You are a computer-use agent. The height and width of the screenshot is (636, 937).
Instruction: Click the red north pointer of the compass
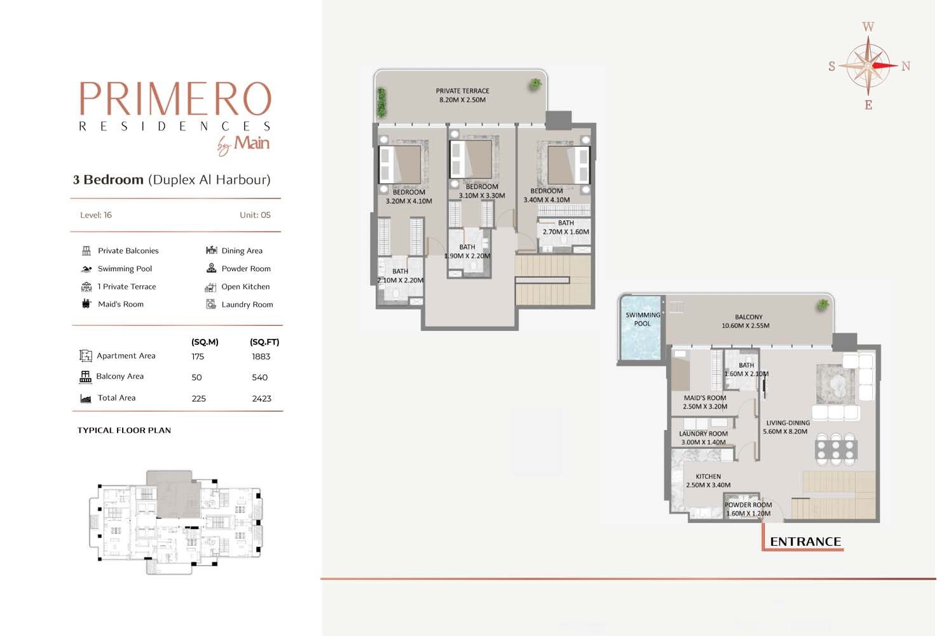click(884, 66)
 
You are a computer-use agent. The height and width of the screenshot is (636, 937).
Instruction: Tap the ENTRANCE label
click(805, 541)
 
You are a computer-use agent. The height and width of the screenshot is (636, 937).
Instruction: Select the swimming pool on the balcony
click(640, 328)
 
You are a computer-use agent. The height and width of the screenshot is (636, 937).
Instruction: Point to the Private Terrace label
click(462, 95)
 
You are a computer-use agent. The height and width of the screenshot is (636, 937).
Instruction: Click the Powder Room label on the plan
click(748, 509)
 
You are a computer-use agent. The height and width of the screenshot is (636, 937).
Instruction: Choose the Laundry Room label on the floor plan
click(703, 438)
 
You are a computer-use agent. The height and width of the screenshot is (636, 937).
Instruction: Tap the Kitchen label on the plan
click(708, 481)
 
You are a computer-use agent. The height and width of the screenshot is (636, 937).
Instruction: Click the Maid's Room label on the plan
click(705, 402)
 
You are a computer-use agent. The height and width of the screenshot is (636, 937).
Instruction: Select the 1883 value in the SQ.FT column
click(261, 357)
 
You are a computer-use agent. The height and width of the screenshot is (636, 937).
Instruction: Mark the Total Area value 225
click(199, 399)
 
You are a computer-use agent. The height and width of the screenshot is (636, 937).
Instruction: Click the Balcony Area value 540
click(260, 377)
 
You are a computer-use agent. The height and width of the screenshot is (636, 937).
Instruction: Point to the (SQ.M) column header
click(205, 342)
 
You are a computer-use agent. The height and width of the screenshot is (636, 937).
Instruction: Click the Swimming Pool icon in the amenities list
click(86, 268)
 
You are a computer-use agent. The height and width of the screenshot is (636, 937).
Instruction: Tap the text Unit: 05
click(255, 215)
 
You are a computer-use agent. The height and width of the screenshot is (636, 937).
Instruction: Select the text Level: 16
click(96, 215)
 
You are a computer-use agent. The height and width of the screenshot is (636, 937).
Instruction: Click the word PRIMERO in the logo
click(175, 99)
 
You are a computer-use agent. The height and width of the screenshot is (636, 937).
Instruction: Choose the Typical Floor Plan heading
click(124, 430)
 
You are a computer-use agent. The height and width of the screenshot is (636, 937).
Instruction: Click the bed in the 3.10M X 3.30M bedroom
click(471, 159)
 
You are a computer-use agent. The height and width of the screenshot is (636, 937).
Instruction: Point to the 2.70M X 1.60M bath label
click(566, 227)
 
